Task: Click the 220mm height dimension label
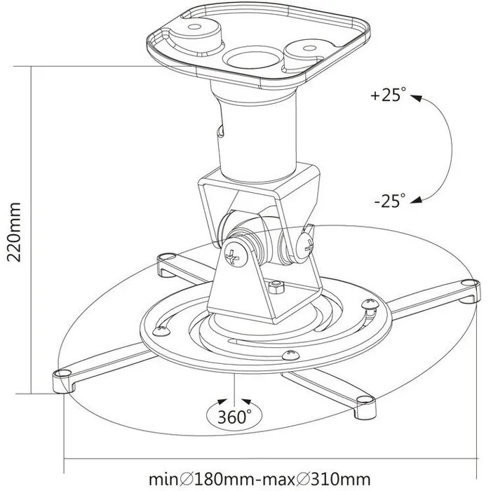click(15, 231)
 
